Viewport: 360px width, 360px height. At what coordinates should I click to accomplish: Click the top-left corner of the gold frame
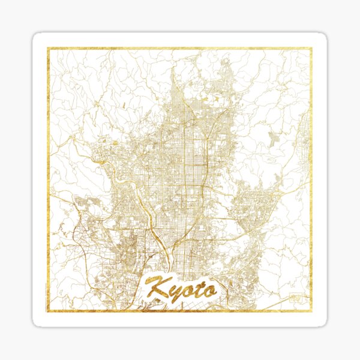point(49,49)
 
